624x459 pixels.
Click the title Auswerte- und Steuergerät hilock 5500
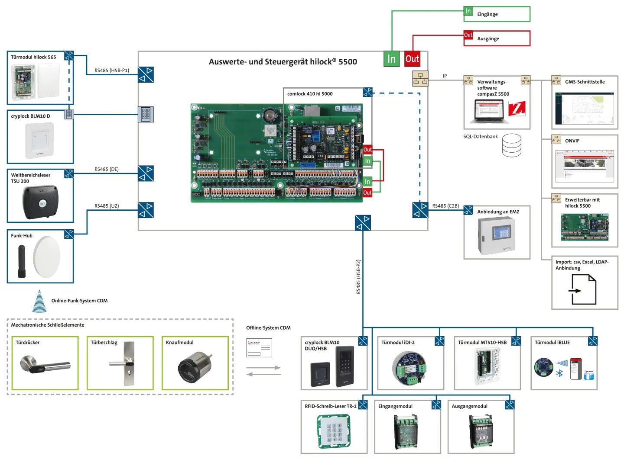pyautogui.click(x=283, y=62)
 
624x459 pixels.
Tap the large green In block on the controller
pyautogui.click(x=391, y=59)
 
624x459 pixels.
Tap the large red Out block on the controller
pyautogui.click(x=412, y=59)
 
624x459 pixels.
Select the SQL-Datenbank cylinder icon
pyautogui.click(x=511, y=145)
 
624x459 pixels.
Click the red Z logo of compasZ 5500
pyautogui.click(x=517, y=108)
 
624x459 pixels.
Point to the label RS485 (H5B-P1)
pyautogui.click(x=112, y=71)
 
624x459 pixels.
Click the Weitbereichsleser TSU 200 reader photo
pyautogui.click(x=40, y=202)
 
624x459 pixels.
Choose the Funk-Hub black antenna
pyautogui.click(x=21, y=261)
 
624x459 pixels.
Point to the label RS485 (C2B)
pyautogui.click(x=445, y=206)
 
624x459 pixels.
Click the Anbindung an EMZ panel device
pyautogui.click(x=497, y=236)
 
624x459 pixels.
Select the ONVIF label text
pyautogui.click(x=572, y=141)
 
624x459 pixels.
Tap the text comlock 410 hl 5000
pyautogui.click(x=310, y=94)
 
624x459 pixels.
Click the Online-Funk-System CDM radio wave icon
pyautogui.click(x=39, y=301)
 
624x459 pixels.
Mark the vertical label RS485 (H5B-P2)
pyautogui.click(x=358, y=277)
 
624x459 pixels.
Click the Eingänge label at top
pyautogui.click(x=487, y=14)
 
